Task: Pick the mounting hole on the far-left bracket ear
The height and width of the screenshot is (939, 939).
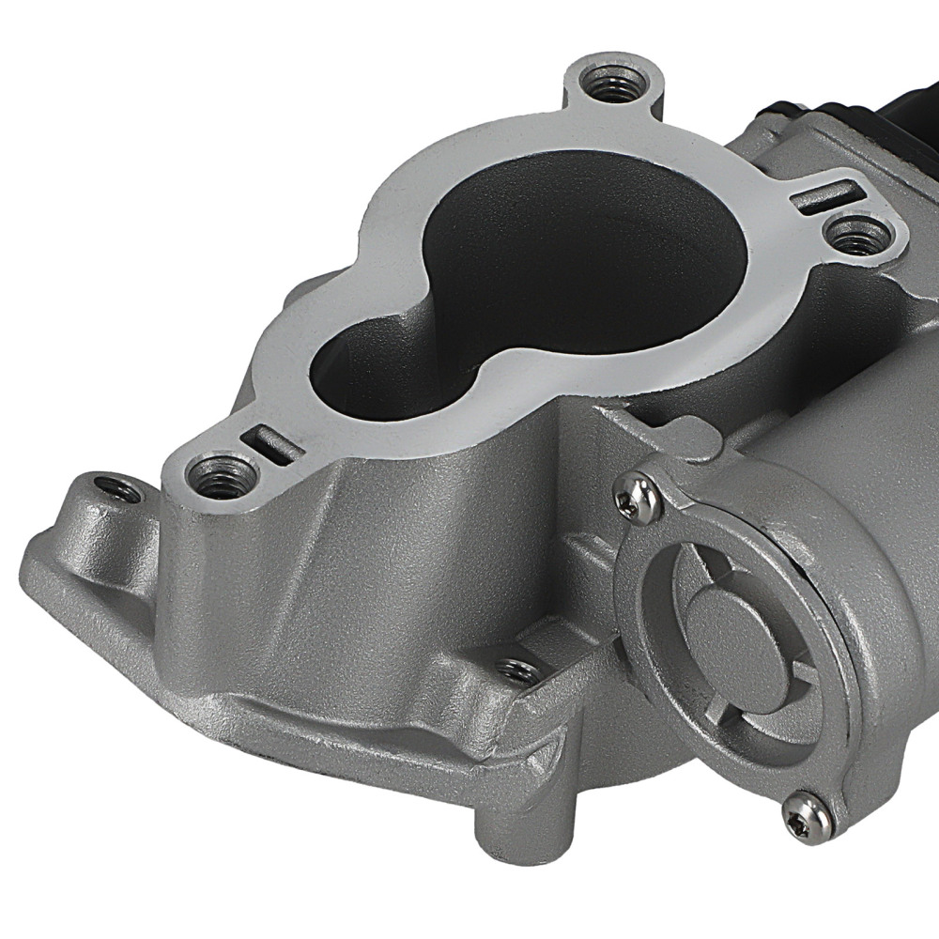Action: [x=119, y=489]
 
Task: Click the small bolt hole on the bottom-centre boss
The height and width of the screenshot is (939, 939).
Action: [x=518, y=670]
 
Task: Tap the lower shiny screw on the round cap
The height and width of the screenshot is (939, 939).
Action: [x=808, y=812]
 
